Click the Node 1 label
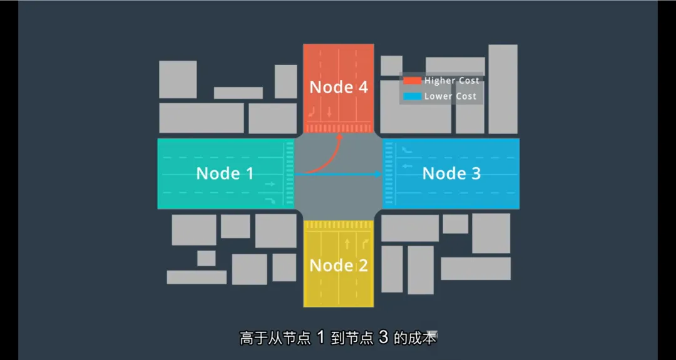[x=225, y=173]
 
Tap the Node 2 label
[x=339, y=265]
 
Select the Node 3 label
[x=451, y=173]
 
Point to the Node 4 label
[x=339, y=87]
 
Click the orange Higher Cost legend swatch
[x=412, y=81]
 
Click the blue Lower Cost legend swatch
[x=412, y=96]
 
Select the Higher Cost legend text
[x=452, y=81]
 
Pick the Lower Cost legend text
[x=451, y=96]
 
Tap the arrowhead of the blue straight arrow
[x=378, y=174]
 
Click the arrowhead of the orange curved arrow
[x=339, y=136]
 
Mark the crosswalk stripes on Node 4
[x=339, y=128]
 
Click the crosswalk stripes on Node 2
[x=339, y=225]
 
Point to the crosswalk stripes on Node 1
[x=290, y=173]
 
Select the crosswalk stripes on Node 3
[x=388, y=173]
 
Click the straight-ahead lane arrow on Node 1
[x=270, y=184]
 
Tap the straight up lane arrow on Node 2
[x=347, y=244]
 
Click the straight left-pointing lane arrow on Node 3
[x=407, y=165]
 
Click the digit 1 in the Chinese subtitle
[x=320, y=337]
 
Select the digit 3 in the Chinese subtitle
[x=383, y=337]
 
